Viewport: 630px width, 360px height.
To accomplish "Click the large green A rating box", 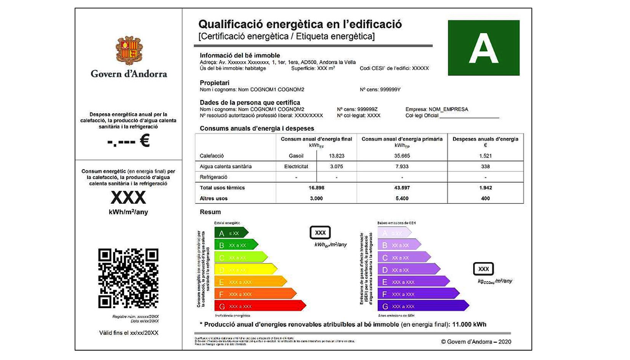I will (x=483, y=48).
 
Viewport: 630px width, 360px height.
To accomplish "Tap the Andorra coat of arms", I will (x=129, y=51).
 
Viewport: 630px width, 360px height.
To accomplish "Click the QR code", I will (x=128, y=278).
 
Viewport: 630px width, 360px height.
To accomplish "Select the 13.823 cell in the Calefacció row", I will (x=336, y=156).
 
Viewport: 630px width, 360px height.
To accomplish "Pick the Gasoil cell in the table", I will (x=296, y=156).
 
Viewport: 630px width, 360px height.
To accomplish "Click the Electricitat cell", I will (x=296, y=166).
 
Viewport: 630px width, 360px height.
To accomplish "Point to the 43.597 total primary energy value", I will (x=402, y=188).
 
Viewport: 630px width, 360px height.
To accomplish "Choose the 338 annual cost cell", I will (x=485, y=166).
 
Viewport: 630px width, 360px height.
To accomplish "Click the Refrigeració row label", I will (x=213, y=177).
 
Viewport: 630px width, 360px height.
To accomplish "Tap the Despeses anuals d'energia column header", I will (x=485, y=139).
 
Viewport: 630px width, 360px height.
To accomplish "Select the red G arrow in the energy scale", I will (x=259, y=306).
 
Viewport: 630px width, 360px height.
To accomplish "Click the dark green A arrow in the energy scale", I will (x=230, y=233).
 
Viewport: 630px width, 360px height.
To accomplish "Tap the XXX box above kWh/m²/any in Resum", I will (x=320, y=233).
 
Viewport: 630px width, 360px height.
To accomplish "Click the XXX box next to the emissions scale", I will (x=483, y=269).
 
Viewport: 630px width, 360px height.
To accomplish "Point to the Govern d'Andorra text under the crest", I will (x=129, y=74).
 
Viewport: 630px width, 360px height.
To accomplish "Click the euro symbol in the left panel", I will (x=145, y=141).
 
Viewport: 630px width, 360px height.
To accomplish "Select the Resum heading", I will (x=210, y=212).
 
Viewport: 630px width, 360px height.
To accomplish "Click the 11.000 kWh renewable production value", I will (x=469, y=325).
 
